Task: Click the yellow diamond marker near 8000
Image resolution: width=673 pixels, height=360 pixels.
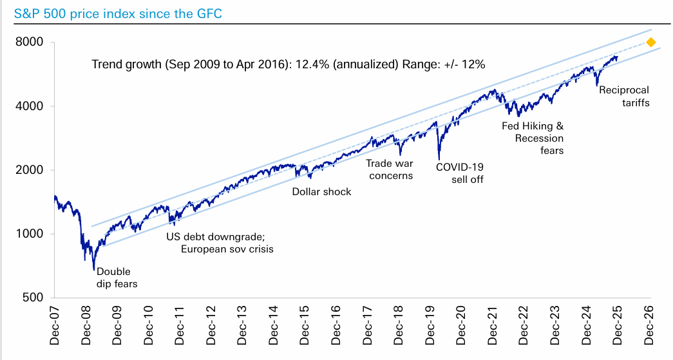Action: (x=650, y=43)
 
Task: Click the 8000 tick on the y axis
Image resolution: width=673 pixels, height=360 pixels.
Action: (x=29, y=43)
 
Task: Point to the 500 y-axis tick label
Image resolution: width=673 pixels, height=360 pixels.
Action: (x=32, y=298)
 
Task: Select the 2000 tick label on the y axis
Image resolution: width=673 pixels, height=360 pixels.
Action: (x=29, y=170)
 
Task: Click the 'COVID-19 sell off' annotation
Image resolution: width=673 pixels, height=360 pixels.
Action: (x=460, y=173)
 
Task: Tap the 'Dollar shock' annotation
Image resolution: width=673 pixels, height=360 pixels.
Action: (x=321, y=191)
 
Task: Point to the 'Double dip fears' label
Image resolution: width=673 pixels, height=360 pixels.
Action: (x=117, y=278)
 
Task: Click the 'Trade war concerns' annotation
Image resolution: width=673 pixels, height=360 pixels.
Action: (x=390, y=169)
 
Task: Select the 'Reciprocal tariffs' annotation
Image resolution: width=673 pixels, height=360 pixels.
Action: (x=624, y=96)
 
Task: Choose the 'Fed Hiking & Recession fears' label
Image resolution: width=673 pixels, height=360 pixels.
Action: (x=533, y=138)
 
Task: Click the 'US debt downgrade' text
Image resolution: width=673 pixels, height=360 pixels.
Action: (x=211, y=236)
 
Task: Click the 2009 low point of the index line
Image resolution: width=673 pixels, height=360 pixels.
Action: (x=94, y=269)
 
